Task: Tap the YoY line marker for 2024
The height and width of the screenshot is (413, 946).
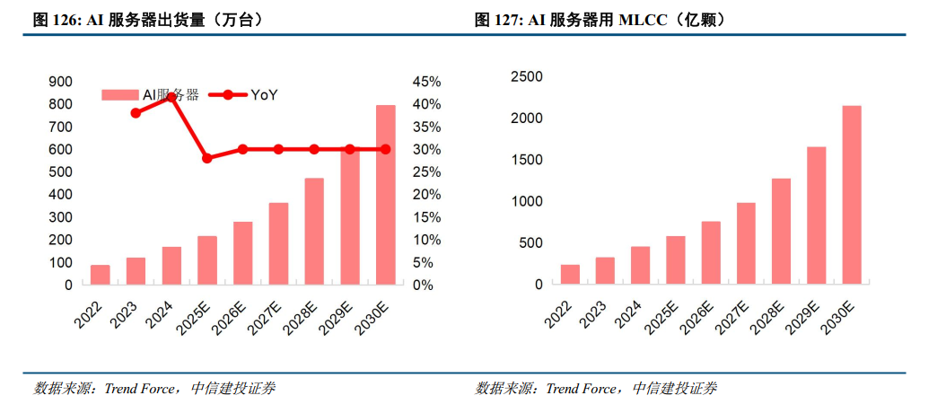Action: (x=171, y=96)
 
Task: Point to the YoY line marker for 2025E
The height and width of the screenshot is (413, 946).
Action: (x=207, y=158)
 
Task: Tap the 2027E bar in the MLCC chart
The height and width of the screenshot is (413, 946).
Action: (x=746, y=243)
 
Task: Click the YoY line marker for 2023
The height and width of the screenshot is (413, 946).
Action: (x=136, y=113)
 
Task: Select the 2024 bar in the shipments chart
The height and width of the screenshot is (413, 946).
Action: (x=171, y=265)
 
